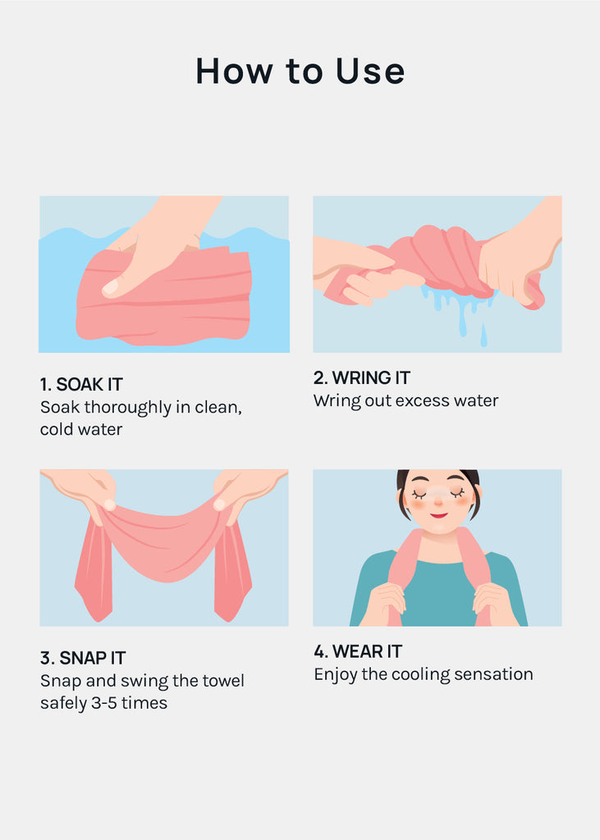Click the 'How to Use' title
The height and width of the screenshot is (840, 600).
(x=300, y=71)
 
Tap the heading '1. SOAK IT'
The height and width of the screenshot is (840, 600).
(x=81, y=384)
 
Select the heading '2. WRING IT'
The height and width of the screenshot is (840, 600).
(x=362, y=377)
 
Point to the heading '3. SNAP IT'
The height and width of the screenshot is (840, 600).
(x=83, y=657)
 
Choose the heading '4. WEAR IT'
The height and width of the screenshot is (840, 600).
(x=358, y=651)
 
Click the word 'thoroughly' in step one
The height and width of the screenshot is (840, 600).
(x=128, y=408)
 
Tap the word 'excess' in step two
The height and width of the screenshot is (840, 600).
(x=417, y=400)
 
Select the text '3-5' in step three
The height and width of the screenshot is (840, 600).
(x=104, y=703)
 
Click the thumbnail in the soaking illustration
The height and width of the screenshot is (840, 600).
(x=111, y=287)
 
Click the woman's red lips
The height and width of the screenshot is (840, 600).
(x=438, y=515)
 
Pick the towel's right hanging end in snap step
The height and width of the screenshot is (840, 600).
(x=232, y=573)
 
